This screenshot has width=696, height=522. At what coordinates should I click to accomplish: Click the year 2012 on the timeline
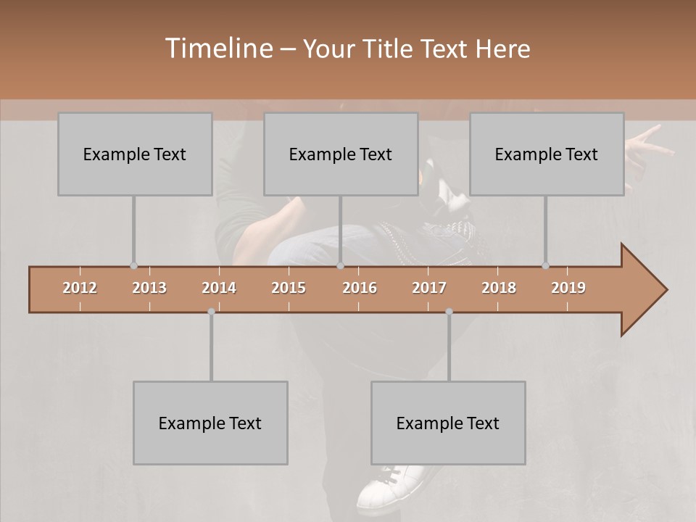point(80,288)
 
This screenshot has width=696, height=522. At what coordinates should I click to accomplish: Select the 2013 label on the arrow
point(149,288)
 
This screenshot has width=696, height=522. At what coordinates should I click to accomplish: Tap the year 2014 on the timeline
point(219,288)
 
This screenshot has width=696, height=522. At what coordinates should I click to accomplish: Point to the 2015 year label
point(289,288)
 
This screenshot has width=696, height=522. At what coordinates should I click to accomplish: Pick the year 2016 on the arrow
point(360,288)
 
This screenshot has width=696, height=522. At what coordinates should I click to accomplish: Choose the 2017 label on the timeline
point(429,288)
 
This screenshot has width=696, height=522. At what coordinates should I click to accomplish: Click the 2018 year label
point(499,288)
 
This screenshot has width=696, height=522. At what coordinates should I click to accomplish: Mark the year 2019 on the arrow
point(568,288)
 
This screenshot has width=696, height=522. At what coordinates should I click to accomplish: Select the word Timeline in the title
point(217,49)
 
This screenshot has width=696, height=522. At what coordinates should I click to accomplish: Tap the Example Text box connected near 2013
point(135,154)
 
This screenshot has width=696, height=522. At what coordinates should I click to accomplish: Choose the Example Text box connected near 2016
point(341,154)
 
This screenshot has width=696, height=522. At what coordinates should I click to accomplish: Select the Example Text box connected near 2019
point(547,154)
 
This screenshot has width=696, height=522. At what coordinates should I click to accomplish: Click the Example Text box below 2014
point(210,423)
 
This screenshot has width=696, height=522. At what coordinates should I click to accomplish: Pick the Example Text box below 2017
point(448,423)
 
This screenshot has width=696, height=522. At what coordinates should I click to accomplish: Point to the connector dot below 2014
point(211,312)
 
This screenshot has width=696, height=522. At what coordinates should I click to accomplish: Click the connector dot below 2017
point(449,312)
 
